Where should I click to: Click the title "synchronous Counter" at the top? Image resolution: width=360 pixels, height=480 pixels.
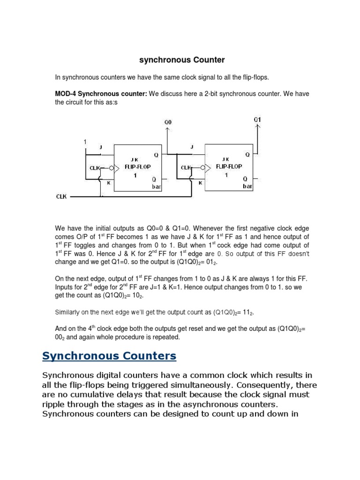click(x=182, y=60)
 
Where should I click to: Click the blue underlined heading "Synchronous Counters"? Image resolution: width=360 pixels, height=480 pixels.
click(x=109, y=356)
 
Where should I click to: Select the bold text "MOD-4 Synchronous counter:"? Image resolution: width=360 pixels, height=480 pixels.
click(x=101, y=94)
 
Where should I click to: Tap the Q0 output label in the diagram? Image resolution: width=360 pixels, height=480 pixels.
click(x=168, y=122)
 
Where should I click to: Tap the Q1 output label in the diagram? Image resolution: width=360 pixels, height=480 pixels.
click(x=257, y=120)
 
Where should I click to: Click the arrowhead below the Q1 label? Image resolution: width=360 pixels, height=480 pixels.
click(x=257, y=126)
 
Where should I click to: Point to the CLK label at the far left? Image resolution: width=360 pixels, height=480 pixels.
click(x=61, y=197)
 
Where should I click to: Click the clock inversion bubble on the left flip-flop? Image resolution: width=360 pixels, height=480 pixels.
click(x=111, y=167)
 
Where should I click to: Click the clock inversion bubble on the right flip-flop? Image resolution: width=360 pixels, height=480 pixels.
click(x=203, y=167)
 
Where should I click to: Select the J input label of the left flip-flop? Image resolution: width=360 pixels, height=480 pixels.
click(x=101, y=147)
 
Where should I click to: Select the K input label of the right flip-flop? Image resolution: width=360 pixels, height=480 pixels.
click(x=200, y=183)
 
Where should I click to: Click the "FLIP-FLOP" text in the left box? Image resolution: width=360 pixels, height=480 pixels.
click(x=138, y=166)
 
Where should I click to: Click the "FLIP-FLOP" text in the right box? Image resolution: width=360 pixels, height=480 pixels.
click(x=229, y=166)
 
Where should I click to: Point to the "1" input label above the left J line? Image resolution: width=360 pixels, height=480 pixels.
click(x=85, y=142)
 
